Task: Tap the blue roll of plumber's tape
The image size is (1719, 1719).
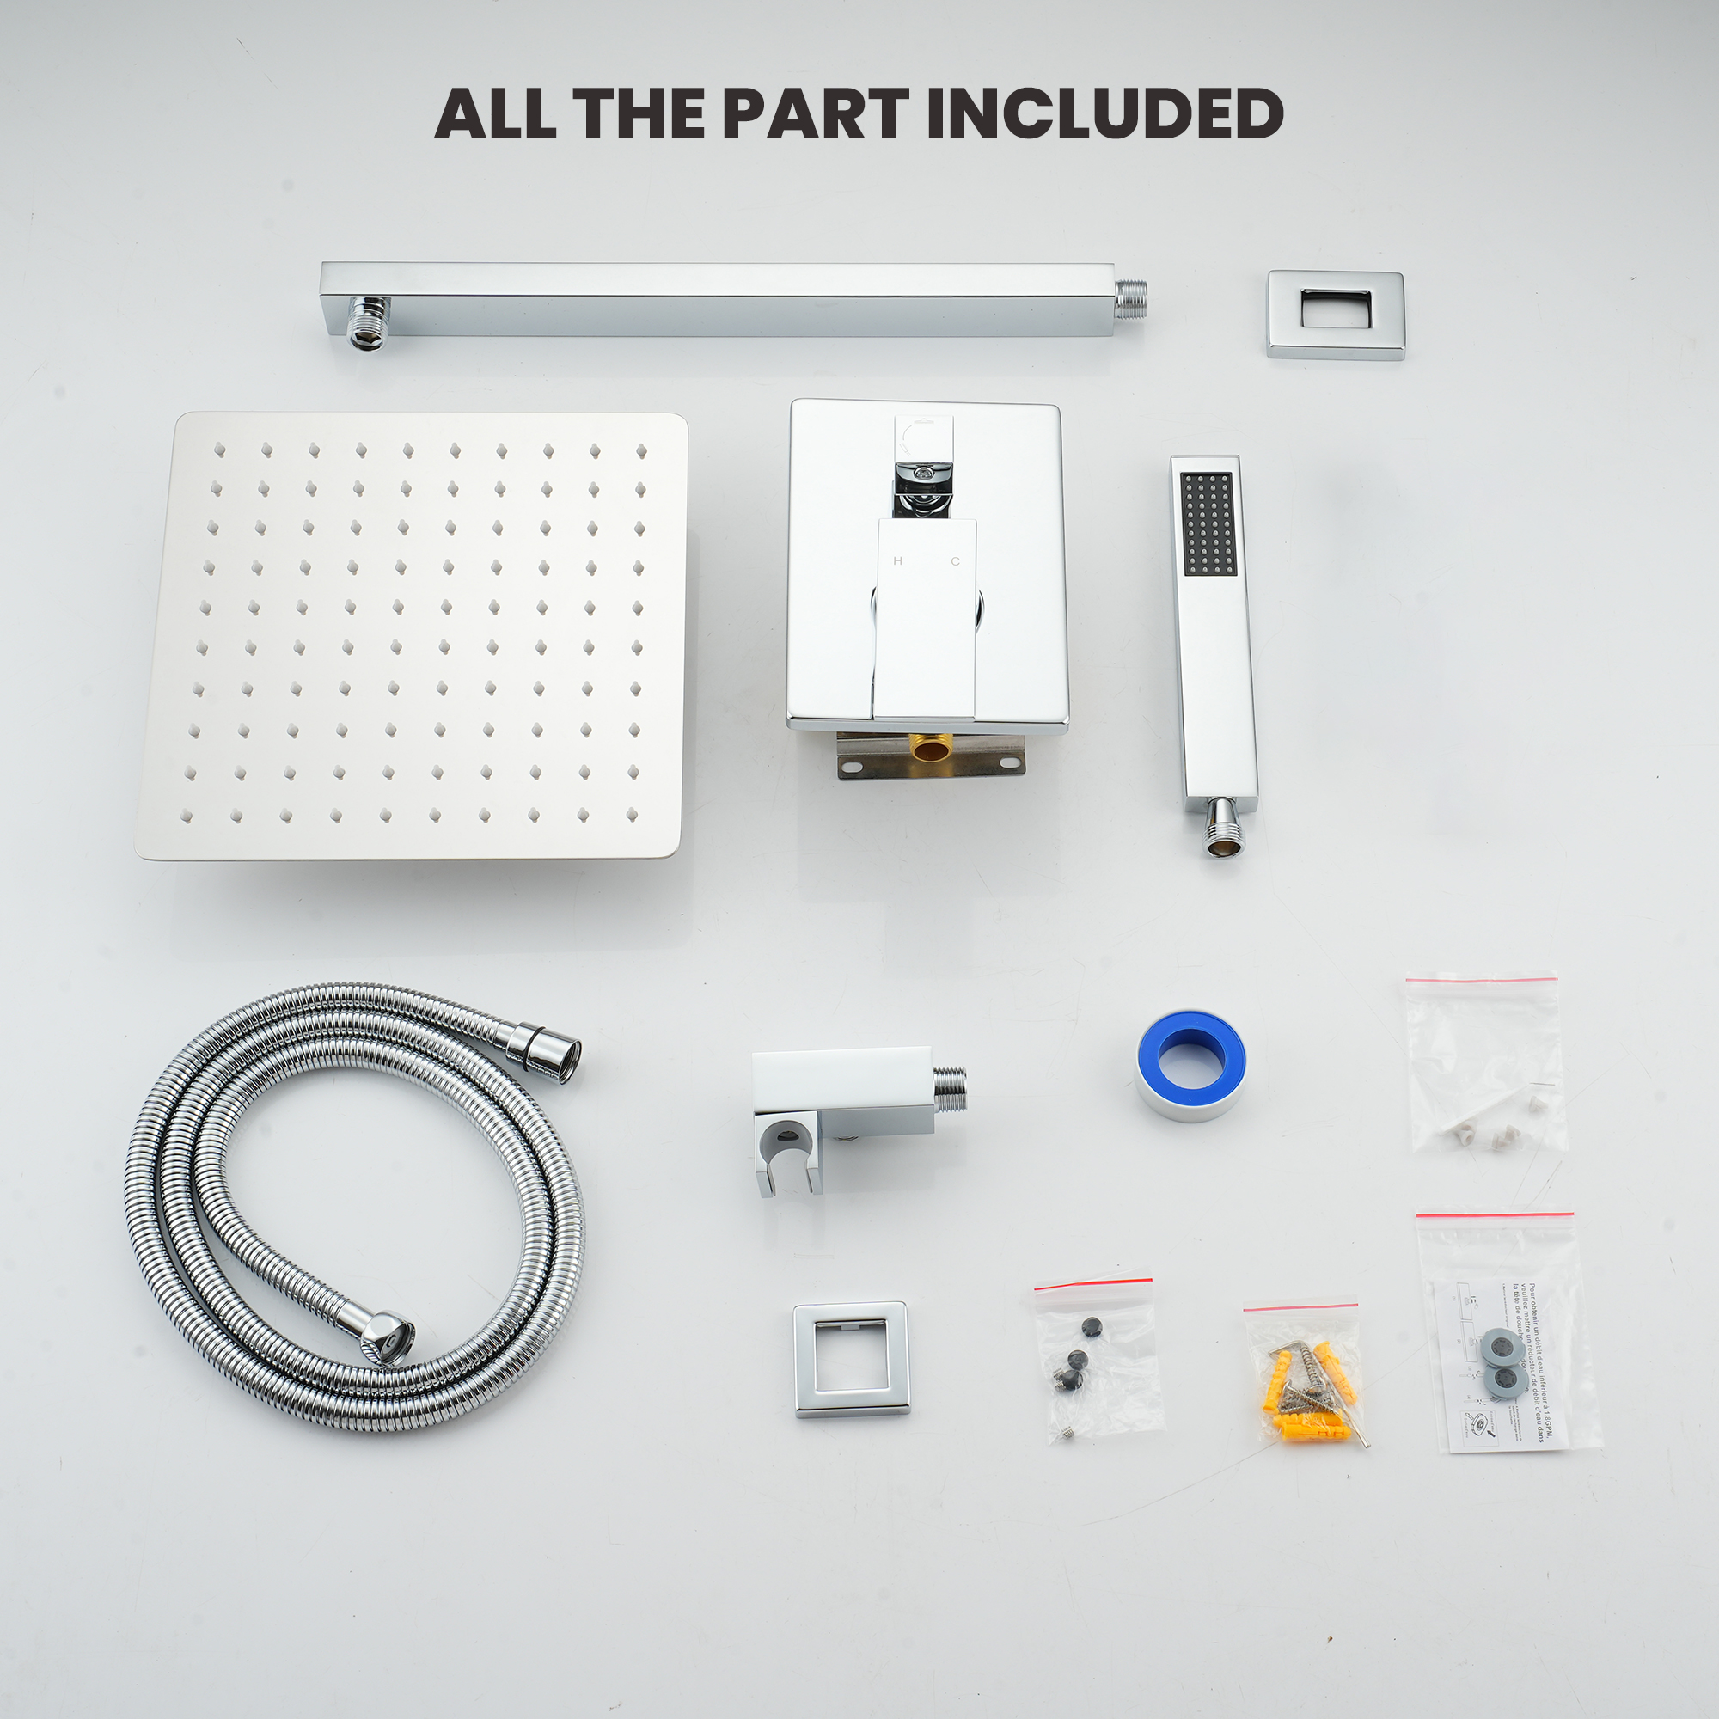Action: (1190, 1063)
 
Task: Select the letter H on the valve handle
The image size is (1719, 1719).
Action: (896, 561)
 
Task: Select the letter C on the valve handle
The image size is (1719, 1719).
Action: (956, 561)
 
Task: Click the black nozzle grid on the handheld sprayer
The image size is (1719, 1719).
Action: (1208, 523)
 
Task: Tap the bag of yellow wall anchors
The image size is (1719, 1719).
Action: (1304, 1382)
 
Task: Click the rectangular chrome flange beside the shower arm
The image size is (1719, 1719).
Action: (1335, 314)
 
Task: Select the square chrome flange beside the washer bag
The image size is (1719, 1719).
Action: (851, 1359)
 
